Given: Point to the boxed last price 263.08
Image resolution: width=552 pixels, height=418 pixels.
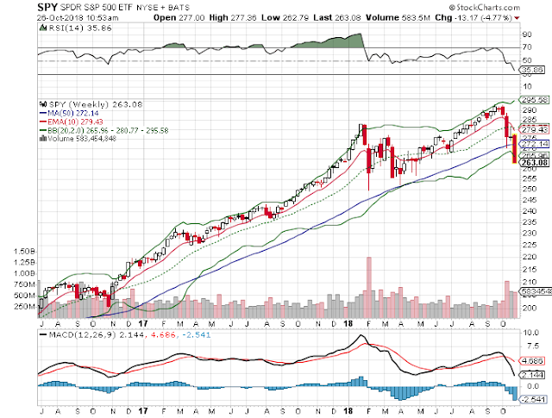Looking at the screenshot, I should (x=535, y=162).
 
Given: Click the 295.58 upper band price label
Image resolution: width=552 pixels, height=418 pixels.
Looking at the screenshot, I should (x=535, y=99).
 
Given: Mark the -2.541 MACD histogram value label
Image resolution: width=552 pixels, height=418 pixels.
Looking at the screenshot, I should (x=535, y=399).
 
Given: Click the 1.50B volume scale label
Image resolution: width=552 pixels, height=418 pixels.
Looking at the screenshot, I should (x=23, y=251).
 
